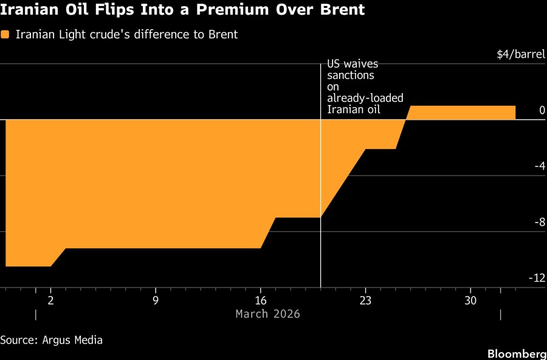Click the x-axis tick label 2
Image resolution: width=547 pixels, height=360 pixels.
click(50, 300)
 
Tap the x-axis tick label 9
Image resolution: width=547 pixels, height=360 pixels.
click(156, 300)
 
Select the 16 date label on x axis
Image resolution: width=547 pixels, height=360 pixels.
click(261, 300)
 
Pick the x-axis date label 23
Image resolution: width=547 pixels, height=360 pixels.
click(365, 300)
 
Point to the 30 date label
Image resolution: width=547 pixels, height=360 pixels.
click(470, 300)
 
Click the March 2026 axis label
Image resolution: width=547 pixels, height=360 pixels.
click(267, 314)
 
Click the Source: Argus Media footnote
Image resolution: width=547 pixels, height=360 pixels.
click(51, 339)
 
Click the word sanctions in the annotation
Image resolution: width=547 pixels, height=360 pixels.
click(351, 75)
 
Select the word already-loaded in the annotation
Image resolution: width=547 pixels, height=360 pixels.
click(365, 98)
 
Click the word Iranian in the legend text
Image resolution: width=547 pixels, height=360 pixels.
click(38, 35)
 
